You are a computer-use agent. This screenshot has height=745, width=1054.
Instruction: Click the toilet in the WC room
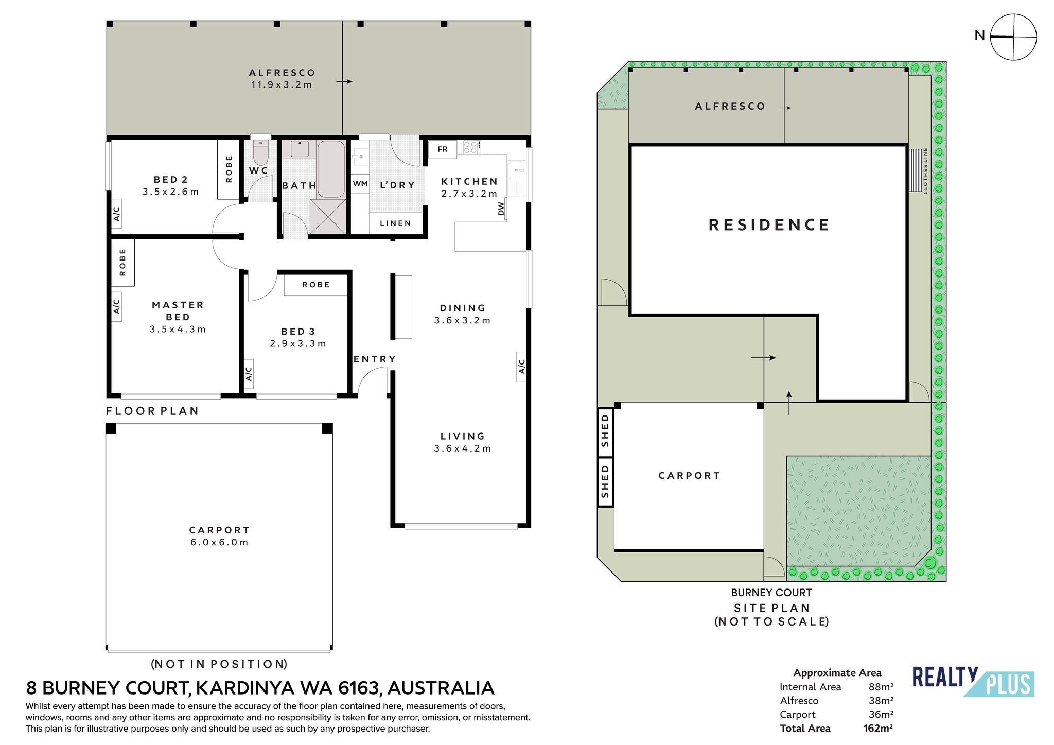[x=261, y=152]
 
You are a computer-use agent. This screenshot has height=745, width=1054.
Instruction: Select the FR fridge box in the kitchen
[x=443, y=149]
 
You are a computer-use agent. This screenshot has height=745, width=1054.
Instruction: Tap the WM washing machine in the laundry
[x=360, y=184]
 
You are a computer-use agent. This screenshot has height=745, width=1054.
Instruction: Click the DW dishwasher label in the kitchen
[x=501, y=209]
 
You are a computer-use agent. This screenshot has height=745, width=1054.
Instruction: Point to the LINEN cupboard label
[x=396, y=223]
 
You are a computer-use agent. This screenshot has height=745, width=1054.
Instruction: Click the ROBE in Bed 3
[x=316, y=285]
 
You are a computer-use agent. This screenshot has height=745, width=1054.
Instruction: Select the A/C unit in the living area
[x=521, y=367]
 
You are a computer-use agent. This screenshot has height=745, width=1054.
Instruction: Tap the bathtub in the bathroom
[x=331, y=169]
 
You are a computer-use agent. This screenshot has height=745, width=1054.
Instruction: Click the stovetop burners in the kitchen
[x=470, y=147]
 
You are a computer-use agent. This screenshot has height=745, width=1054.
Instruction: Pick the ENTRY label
[x=375, y=359]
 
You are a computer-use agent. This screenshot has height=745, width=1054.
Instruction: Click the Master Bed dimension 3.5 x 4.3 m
[x=178, y=330]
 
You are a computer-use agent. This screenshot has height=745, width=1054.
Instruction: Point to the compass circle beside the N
[x=1013, y=37]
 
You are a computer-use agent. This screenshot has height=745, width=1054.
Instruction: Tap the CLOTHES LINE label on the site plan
[x=925, y=171]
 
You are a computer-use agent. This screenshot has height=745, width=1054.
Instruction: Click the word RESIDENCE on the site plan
[x=769, y=225]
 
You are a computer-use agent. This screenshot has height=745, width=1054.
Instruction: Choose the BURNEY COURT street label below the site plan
[x=771, y=593]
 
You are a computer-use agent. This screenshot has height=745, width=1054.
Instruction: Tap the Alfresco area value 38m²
[x=881, y=701]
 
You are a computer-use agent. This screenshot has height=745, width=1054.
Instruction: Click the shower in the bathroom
[x=327, y=217]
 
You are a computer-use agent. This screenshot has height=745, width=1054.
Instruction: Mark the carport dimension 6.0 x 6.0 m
[x=219, y=542]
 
